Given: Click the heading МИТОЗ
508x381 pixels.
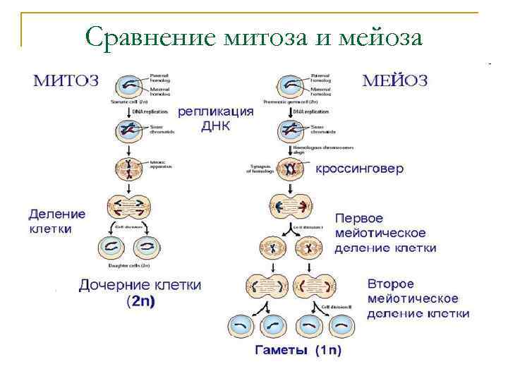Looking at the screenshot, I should pos(67,80).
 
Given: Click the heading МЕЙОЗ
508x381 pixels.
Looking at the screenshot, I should pos(394,80).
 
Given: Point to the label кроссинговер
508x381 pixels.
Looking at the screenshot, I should pos(359,169).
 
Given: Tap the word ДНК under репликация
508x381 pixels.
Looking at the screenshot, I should pos(215,127).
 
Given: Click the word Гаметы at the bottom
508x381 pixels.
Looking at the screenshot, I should pos(279,351).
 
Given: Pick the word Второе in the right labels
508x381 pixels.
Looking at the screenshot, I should pos(390,284).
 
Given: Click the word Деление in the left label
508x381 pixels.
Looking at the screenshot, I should pos(57,214).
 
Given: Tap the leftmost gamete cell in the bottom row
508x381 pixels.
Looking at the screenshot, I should pos(240,325).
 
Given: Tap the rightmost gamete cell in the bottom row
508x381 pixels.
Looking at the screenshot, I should pos(343,325).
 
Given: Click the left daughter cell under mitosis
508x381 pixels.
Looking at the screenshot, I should pos(114,246).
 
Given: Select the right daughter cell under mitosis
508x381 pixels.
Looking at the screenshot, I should pos(147,246).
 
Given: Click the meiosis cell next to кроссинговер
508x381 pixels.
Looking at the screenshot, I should pos(289,169).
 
